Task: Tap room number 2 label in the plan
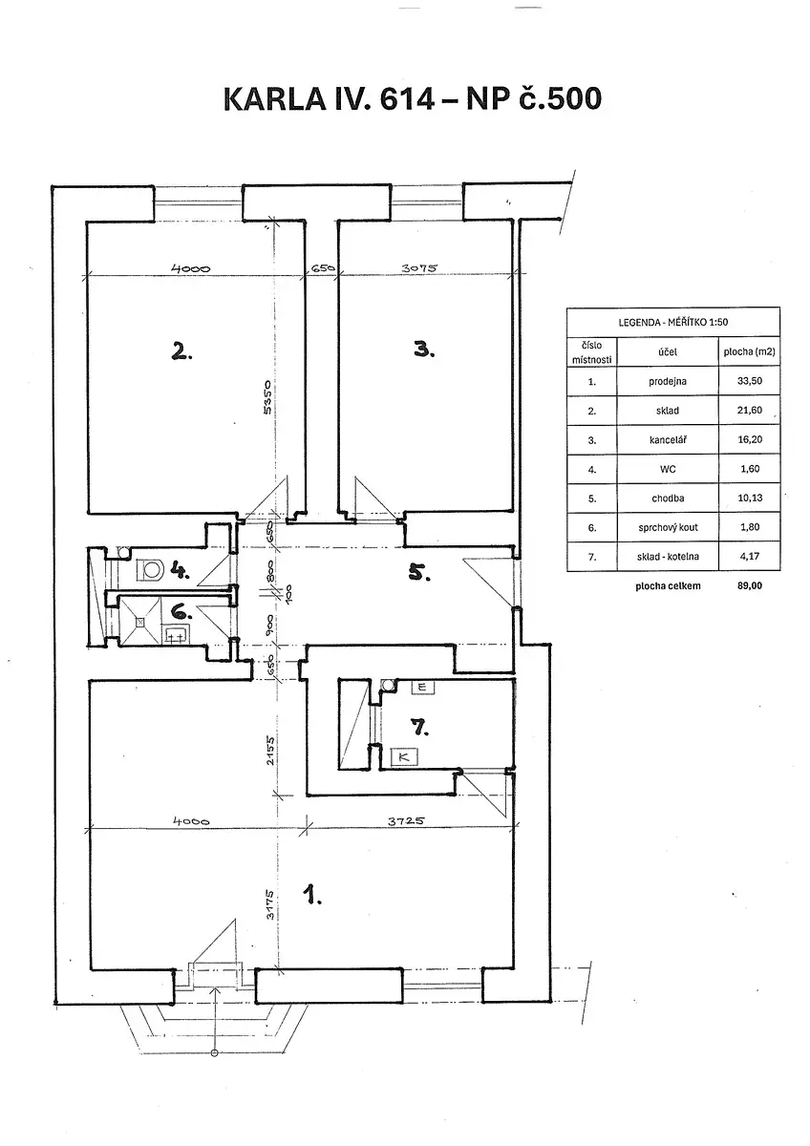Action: pos(181,351)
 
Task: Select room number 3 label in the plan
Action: pos(425,350)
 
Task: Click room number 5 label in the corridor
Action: pos(421,575)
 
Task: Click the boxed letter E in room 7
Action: pos(421,687)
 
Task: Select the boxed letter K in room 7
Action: pos(405,756)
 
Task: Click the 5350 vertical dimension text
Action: pos(269,399)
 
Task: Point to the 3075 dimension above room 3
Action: pos(417,268)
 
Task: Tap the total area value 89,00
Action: pos(749,586)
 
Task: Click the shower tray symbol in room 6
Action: pos(139,622)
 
